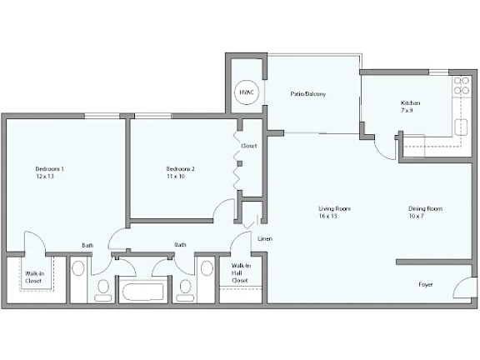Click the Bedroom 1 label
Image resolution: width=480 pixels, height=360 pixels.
(x=49, y=169)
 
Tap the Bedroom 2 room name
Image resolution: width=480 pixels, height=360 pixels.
(x=180, y=169)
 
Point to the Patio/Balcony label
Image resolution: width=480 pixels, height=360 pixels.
(x=307, y=94)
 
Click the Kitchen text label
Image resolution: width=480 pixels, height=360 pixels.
(x=411, y=103)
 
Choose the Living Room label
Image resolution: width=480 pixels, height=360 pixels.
(x=334, y=208)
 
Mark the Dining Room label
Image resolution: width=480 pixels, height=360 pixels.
(x=425, y=208)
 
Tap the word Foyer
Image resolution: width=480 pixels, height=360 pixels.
(x=426, y=284)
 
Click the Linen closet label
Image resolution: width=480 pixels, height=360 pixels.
(x=265, y=239)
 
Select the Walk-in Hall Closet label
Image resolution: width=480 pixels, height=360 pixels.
(x=240, y=273)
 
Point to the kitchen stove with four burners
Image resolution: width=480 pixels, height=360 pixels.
(x=460, y=87)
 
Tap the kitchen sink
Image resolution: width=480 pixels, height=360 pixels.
(x=463, y=126)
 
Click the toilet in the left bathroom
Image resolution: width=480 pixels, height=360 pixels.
(x=103, y=289)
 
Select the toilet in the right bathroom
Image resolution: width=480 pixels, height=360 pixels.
(x=186, y=289)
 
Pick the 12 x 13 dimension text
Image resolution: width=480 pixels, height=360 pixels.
(x=44, y=177)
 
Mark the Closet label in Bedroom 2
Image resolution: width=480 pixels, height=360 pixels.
(x=248, y=146)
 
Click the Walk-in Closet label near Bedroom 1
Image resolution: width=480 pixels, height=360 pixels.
(x=33, y=277)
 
